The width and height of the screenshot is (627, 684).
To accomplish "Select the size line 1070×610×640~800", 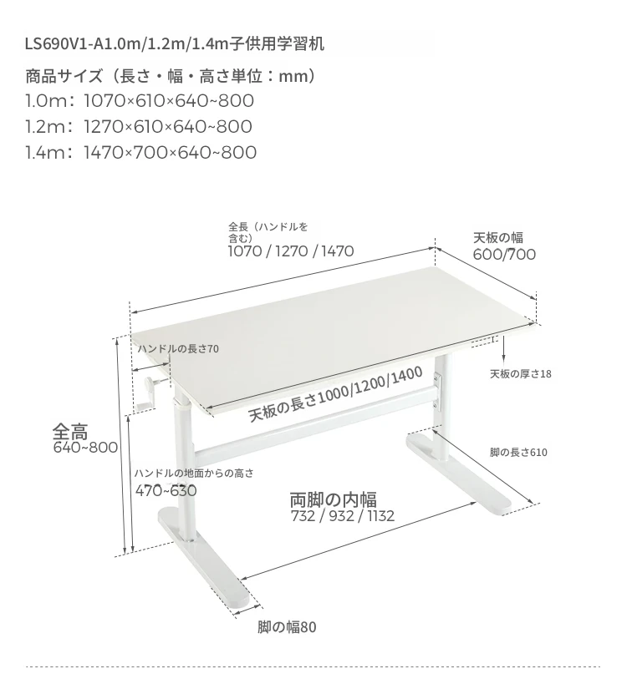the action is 169,101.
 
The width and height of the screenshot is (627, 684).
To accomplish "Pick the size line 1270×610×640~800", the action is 168,126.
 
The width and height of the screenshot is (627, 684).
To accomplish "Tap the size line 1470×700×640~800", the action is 171,152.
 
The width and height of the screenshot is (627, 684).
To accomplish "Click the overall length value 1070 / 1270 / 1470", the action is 291,251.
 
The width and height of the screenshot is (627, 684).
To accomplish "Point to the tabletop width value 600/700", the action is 504,255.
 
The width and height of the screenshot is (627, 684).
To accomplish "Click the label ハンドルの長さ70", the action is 179,349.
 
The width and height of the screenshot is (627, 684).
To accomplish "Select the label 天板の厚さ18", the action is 521,374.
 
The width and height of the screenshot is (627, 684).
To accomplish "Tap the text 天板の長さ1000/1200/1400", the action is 335,394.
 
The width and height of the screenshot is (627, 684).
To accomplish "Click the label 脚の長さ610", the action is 518,453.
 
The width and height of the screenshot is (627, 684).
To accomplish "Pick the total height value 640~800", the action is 85,448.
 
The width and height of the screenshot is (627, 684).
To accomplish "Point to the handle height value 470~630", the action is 166,491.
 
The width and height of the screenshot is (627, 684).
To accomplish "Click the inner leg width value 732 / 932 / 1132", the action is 343,516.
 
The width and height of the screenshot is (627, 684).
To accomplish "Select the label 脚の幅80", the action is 287,627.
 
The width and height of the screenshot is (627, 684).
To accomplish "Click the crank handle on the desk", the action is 149,393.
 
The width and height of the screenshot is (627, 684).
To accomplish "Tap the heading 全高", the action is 70,432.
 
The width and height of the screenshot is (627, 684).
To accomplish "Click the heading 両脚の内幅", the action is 334,500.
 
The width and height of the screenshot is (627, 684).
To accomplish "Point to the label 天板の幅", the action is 498,238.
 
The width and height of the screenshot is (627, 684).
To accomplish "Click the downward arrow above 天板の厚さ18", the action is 503,349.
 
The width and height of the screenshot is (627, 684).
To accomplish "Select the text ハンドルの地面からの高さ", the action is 194,474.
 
